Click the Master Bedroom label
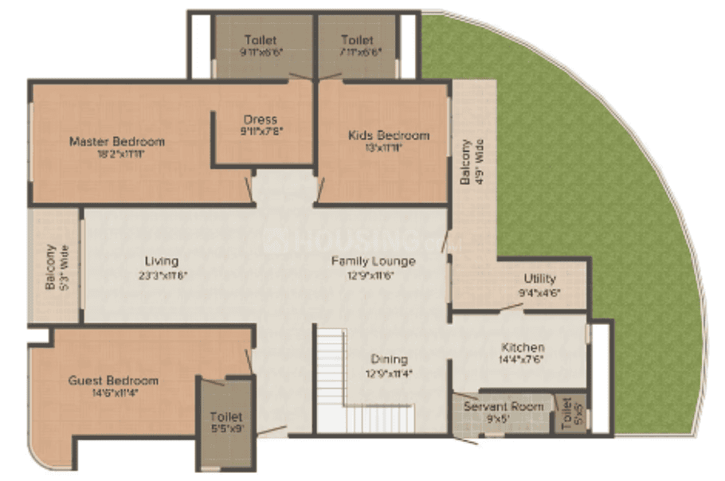point(117,142)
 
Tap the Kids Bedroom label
point(389,135)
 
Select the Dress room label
point(260,120)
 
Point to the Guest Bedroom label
point(113,381)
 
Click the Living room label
point(162,261)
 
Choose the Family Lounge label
point(374,261)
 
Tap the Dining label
point(389,359)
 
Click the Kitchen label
point(523,347)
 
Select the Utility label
point(540,279)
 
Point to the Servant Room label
point(504,406)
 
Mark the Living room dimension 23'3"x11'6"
point(162,274)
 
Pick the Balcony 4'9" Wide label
point(472,162)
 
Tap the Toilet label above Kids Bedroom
point(357,40)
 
